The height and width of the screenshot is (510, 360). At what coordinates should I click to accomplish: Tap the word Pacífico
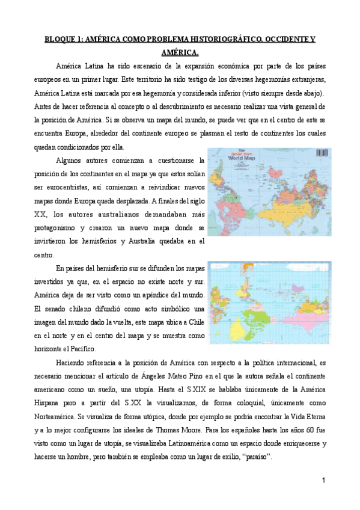pyautogui.click(x=88, y=349)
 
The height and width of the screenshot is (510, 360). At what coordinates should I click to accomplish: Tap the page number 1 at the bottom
pyautogui.click(x=324, y=481)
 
